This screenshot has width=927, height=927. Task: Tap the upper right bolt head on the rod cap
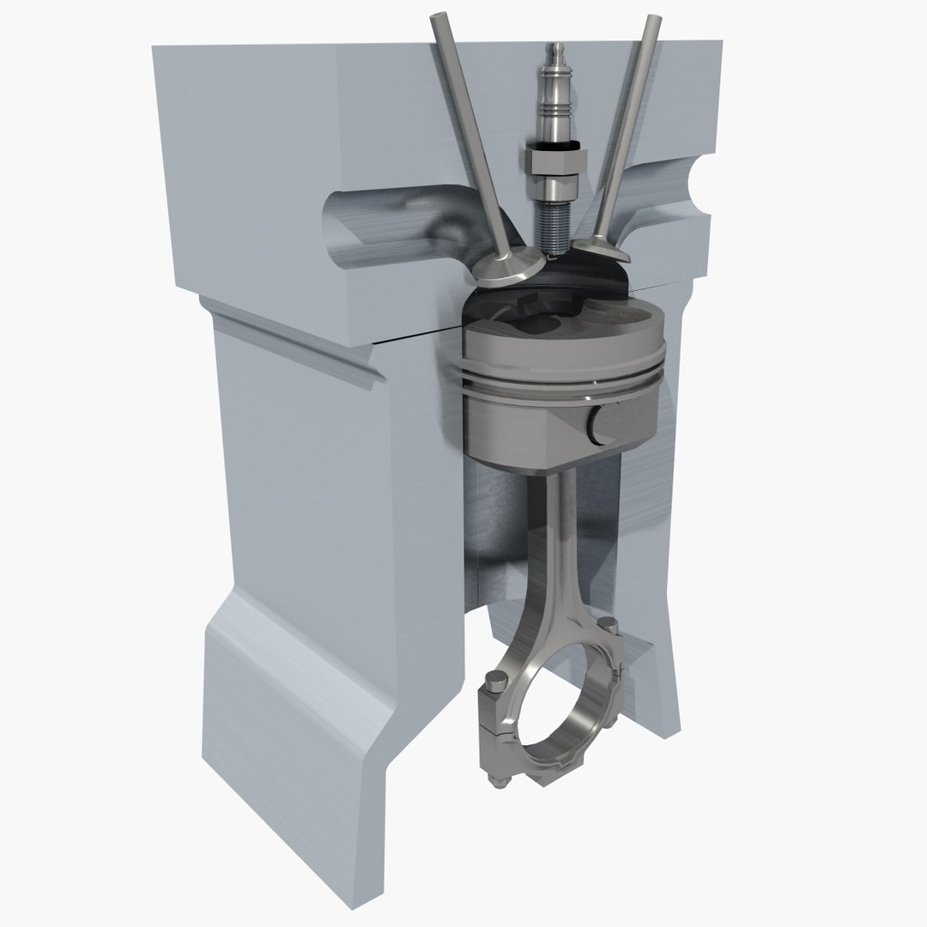tap(609, 624)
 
